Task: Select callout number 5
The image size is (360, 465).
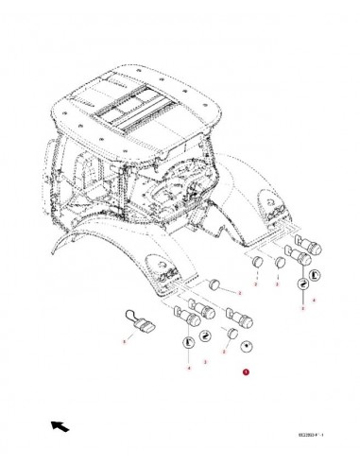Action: [x=123, y=340]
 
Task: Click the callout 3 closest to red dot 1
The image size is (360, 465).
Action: [x=224, y=349]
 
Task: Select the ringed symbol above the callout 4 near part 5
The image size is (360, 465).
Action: [x=191, y=343]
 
